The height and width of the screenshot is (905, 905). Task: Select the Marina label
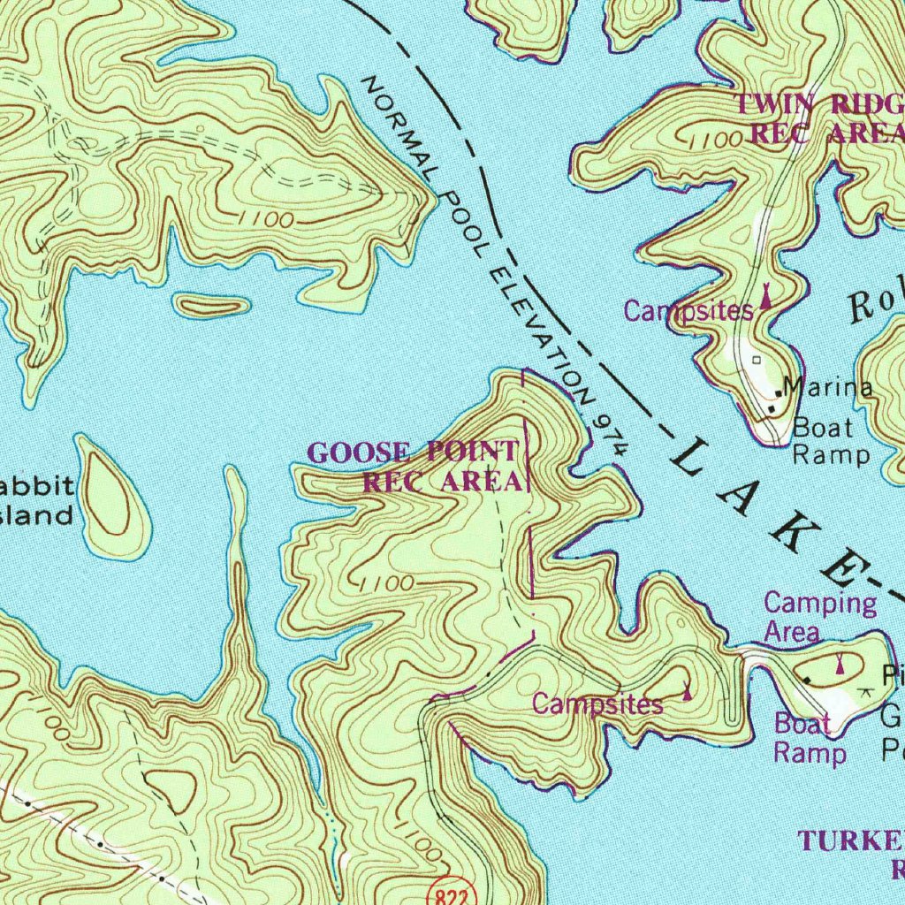tap(829, 387)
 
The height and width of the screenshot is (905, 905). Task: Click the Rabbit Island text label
tap(35, 500)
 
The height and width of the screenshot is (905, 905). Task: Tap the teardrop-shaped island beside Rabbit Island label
tap(112, 499)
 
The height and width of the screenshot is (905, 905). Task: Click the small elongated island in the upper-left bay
tap(210, 307)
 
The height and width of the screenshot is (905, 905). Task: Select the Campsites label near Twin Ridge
tap(688, 310)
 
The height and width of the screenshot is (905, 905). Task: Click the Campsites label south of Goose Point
tap(597, 703)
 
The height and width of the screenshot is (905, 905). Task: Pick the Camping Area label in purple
tap(818, 616)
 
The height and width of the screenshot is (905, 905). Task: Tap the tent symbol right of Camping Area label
tap(839, 659)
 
